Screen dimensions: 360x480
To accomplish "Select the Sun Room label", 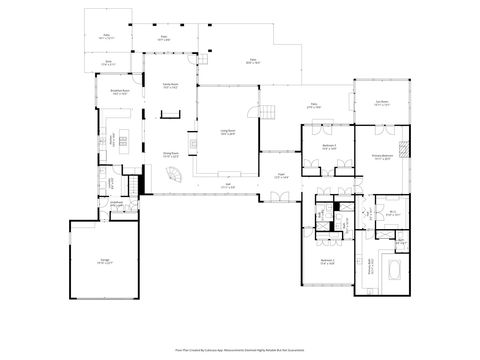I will [x=380, y=102].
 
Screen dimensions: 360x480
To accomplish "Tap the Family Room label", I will [x=171, y=86].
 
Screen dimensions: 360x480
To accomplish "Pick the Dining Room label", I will [x=171, y=155].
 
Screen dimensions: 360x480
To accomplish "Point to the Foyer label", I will [x=283, y=177].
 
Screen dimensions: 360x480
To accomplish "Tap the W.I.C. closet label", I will [x=393, y=212].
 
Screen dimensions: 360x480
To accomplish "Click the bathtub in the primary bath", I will [x=391, y=270].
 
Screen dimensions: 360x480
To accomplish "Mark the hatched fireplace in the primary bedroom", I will [x=404, y=150].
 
